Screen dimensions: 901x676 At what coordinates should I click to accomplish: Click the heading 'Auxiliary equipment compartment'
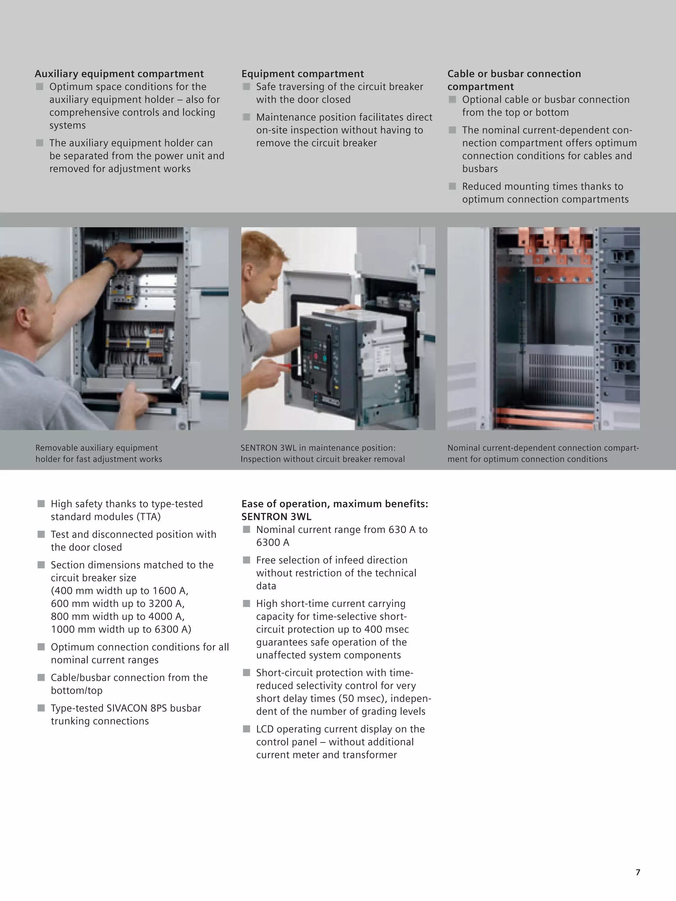coord(119,74)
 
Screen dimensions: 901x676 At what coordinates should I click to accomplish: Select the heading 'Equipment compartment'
coord(302,74)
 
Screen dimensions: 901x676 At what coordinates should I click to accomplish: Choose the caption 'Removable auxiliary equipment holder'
coord(99,453)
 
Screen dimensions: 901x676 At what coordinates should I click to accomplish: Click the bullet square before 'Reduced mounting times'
coord(452,186)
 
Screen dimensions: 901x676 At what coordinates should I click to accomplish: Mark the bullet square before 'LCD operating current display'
coord(246,729)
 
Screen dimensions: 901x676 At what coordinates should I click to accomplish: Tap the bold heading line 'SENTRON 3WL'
coord(276,517)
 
